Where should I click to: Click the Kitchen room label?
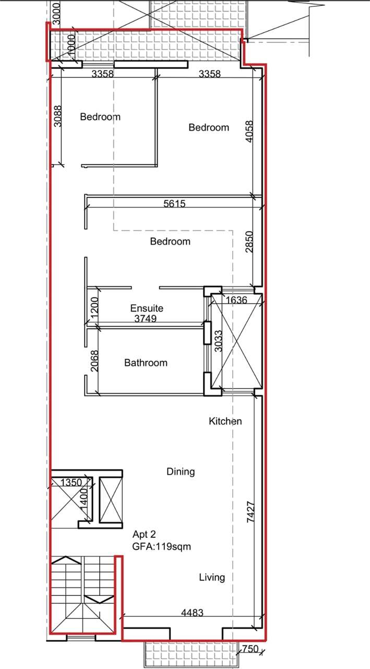pyautogui.click(x=225, y=421)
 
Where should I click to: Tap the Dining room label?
pyautogui.click(x=181, y=471)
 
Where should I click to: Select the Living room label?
pyautogui.click(x=212, y=578)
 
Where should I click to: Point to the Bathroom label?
pyautogui.click(x=146, y=363)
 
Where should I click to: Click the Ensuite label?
pyautogui.click(x=147, y=308)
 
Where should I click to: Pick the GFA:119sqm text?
pyautogui.click(x=162, y=547)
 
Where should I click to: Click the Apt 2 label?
pyautogui.click(x=145, y=534)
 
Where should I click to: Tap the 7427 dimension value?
pyautogui.click(x=250, y=512)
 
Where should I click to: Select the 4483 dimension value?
pyautogui.click(x=192, y=613)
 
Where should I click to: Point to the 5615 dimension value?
pyautogui.click(x=174, y=204)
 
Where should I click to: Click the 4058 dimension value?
pyautogui.click(x=249, y=131)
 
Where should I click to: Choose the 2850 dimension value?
pyautogui.click(x=249, y=241)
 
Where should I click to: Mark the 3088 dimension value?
pyautogui.click(x=58, y=116)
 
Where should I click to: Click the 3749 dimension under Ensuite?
pyautogui.click(x=146, y=319)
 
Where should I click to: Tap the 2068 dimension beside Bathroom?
pyautogui.click(x=94, y=361)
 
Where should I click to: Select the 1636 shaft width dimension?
pyautogui.click(x=236, y=300)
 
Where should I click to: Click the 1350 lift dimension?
pyautogui.click(x=71, y=482)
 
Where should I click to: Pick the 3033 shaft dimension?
pyautogui.click(x=218, y=341)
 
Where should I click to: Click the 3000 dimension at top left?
pyautogui.click(x=56, y=14)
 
